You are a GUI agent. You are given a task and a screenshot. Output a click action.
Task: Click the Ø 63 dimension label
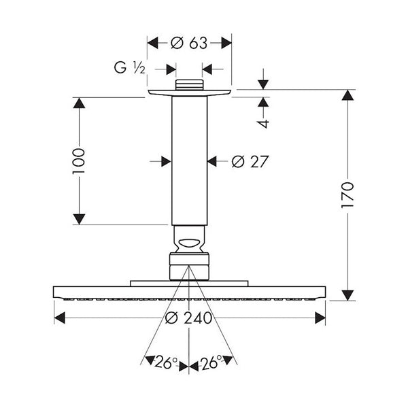[189, 43]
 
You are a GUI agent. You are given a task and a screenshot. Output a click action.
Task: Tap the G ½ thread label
[130, 67]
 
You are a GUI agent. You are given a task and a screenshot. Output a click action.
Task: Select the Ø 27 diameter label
[250, 162]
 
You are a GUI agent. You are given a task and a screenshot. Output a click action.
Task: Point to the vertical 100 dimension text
[79, 161]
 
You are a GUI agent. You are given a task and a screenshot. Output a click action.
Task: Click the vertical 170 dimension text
[347, 195]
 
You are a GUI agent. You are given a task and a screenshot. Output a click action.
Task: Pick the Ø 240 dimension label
[188, 318]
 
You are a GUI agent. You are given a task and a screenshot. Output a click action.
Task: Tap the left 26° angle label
[166, 362]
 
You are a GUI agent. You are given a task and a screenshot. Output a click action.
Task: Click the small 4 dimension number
[264, 124]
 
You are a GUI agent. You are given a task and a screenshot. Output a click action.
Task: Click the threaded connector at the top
[189, 85]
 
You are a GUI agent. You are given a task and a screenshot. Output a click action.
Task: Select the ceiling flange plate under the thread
[190, 93]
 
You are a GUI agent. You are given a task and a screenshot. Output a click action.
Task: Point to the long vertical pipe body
[190, 160]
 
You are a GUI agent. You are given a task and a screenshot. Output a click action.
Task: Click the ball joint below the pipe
[190, 239]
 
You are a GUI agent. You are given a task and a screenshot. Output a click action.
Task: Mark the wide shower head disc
[190, 292]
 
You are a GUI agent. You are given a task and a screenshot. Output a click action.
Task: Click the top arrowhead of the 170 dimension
[347, 95]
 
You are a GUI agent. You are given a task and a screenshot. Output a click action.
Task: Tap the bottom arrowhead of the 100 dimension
[79, 219]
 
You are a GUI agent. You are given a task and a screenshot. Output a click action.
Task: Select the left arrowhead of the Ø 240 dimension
[60, 318]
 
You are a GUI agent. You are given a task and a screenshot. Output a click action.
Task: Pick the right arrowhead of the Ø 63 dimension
[226, 43]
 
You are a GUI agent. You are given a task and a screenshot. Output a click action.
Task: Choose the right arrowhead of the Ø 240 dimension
[320, 318]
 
